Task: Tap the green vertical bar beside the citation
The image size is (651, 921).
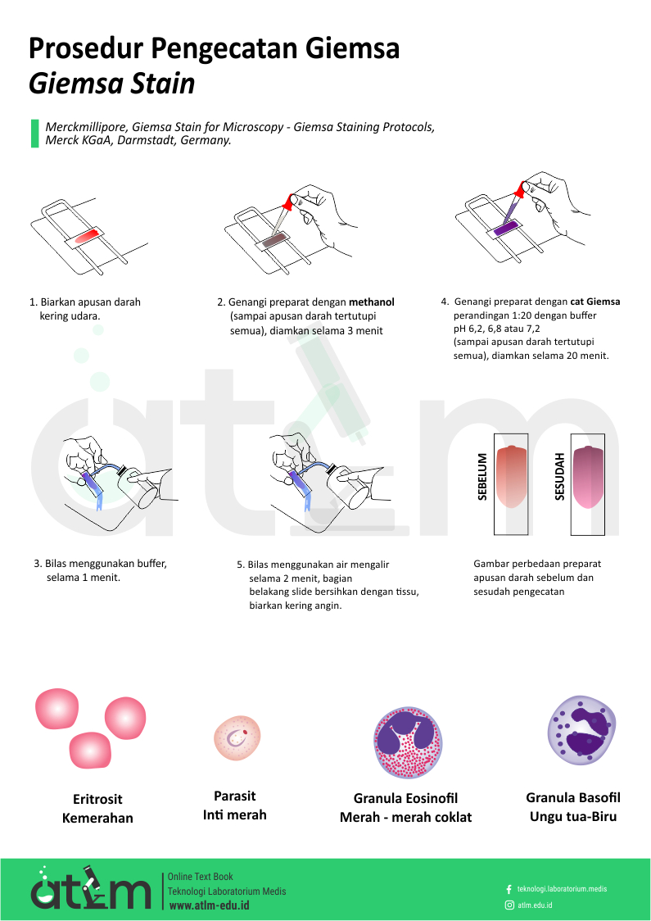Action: (34, 134)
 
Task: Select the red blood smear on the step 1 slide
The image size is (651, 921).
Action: (85, 235)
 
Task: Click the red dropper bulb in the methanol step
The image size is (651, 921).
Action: (288, 202)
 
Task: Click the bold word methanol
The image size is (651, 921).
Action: (372, 302)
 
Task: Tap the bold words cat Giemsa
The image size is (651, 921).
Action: (595, 302)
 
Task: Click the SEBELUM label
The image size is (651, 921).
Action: (482, 476)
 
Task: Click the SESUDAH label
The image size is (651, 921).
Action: (559, 476)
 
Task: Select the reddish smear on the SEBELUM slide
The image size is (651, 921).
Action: (512, 477)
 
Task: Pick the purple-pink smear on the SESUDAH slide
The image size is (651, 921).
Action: (588, 477)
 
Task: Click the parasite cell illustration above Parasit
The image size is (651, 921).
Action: (237, 737)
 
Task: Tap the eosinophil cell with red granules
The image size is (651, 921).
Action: (408, 742)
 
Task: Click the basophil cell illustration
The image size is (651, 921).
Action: (581, 730)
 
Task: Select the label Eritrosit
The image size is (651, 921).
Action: (97, 799)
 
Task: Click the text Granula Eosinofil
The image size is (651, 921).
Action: (405, 798)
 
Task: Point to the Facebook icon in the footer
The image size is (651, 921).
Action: (509, 889)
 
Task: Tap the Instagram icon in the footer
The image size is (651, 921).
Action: (509, 905)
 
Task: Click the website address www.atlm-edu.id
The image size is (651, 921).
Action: (209, 905)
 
